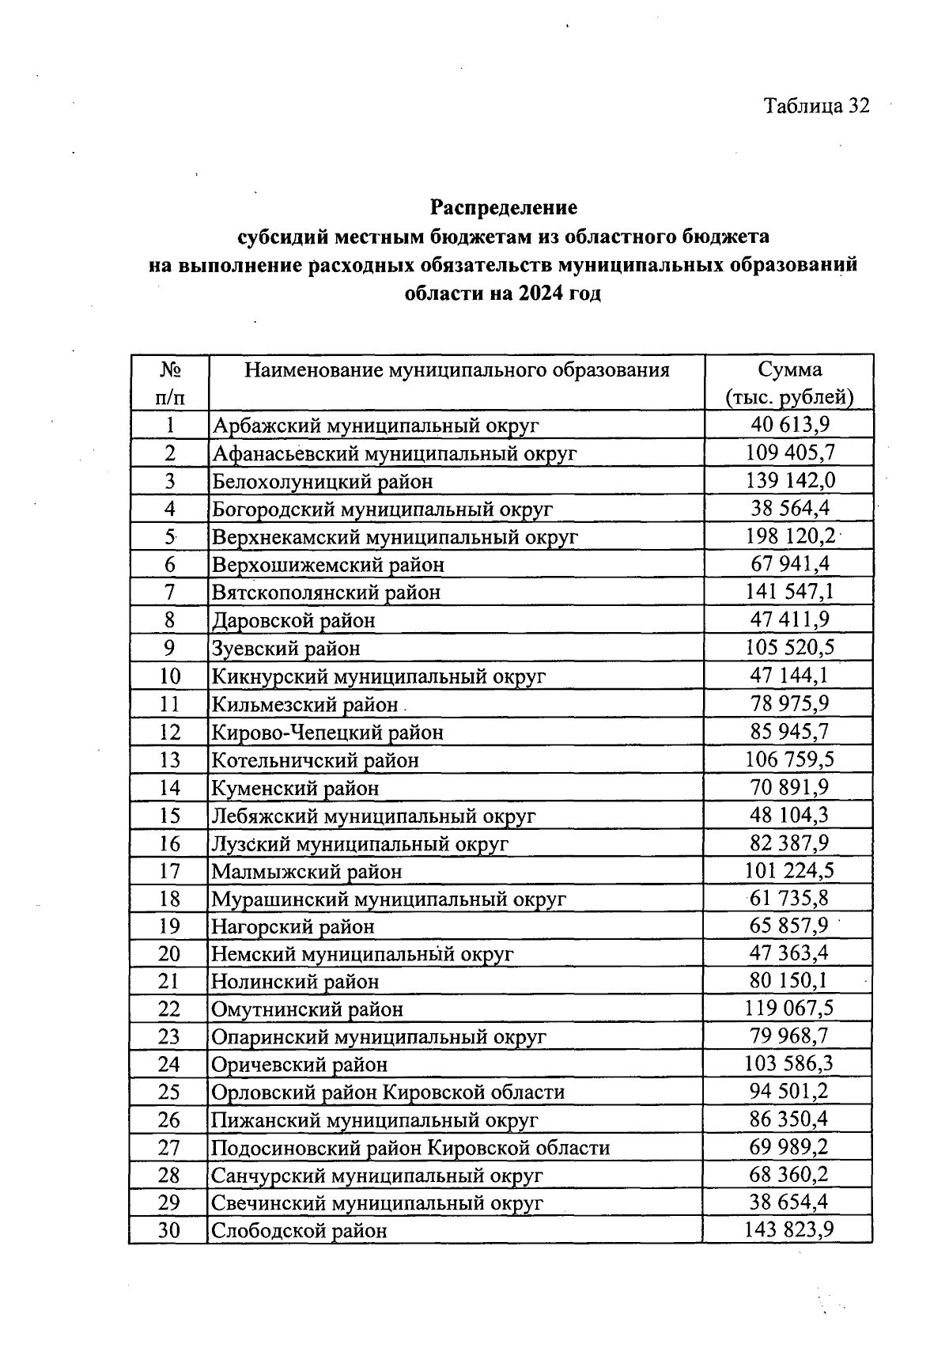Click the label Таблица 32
(816, 106)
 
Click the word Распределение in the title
(504, 207)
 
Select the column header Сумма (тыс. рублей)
(789, 383)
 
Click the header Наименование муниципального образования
(456, 370)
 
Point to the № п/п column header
(169, 383)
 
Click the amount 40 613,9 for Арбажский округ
(789, 425)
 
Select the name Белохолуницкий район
(322, 482)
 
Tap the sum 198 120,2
(789, 536)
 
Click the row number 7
(169, 593)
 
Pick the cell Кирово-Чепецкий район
(327, 733)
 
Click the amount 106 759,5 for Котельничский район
(789, 759)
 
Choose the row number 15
(169, 816)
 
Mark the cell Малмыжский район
(306, 872)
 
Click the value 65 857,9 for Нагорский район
(789, 926)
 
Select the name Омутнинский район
(307, 1010)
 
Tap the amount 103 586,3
(789, 1063)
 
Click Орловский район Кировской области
(388, 1093)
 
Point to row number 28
(169, 1176)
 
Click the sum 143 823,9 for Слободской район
(789, 1230)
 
